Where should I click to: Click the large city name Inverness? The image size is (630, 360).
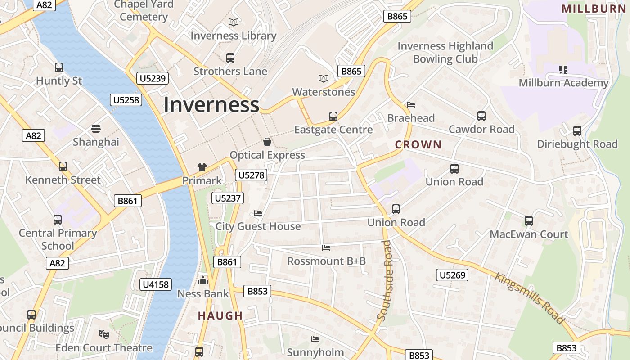(x=211, y=105)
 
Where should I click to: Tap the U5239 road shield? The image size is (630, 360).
(x=153, y=78)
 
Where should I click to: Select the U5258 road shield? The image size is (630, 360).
(x=126, y=100)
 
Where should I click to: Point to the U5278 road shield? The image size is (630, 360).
(x=251, y=175)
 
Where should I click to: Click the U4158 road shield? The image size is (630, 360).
(x=156, y=284)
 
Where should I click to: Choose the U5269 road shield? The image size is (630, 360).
(x=452, y=274)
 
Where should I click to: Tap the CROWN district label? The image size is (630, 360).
(x=418, y=145)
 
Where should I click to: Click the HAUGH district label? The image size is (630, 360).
(x=220, y=316)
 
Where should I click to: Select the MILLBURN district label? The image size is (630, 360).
(x=594, y=9)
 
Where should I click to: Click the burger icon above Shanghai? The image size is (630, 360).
(x=95, y=129)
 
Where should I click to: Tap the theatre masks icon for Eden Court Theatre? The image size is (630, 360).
(x=104, y=334)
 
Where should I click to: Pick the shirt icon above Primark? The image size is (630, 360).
(x=202, y=167)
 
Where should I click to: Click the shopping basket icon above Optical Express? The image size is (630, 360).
(x=267, y=142)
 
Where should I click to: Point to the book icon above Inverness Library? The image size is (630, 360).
(x=233, y=22)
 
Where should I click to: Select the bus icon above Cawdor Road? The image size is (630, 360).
(x=481, y=116)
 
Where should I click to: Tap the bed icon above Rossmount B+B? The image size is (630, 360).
(x=326, y=248)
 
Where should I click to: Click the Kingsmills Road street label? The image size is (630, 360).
(x=529, y=297)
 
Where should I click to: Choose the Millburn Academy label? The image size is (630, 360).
(x=563, y=83)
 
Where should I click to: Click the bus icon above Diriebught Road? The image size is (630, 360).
(x=577, y=131)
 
